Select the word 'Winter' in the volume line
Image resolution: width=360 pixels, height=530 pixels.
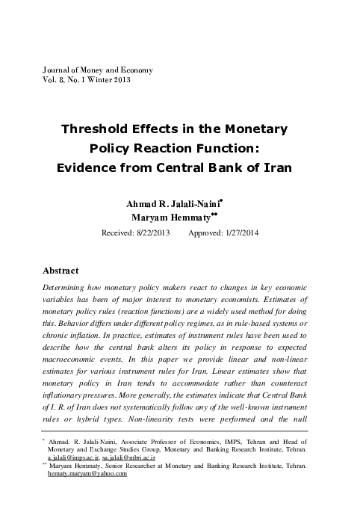click(x=96, y=80)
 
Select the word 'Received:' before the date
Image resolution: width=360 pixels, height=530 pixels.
click(x=120, y=233)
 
